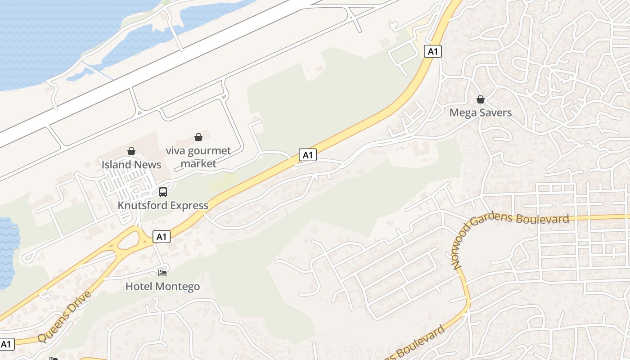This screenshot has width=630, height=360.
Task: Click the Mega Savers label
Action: [x=481, y=112]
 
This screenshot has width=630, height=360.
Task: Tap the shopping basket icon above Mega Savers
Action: [x=481, y=99]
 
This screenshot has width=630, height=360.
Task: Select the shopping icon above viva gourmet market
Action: [x=198, y=137]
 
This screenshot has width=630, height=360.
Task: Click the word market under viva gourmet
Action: [x=198, y=163]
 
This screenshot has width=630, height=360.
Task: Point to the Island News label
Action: [x=131, y=165]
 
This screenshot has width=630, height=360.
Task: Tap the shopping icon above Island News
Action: [x=131, y=151]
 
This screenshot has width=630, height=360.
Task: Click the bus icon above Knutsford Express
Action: [x=163, y=192]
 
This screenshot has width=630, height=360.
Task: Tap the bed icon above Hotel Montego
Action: [x=162, y=273]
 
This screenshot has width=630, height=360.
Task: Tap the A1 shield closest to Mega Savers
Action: [x=432, y=51]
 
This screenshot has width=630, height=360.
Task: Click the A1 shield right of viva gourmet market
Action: [x=308, y=155]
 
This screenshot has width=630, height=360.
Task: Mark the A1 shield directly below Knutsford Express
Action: [x=162, y=237]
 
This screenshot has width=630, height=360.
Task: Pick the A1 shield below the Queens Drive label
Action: [x=7, y=345]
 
